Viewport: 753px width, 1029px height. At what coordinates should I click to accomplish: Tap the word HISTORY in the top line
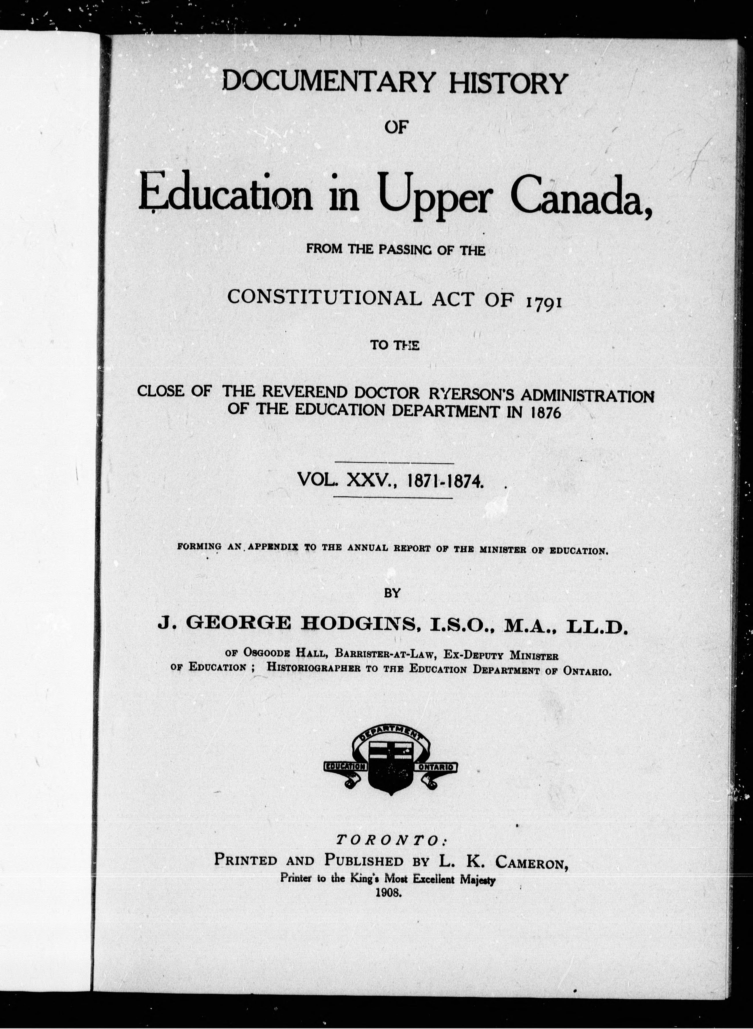pyautogui.click(x=508, y=83)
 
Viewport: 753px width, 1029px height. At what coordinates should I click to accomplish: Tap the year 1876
pyautogui.click(x=545, y=411)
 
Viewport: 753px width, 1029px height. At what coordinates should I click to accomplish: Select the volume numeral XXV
pyautogui.click(x=367, y=480)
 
